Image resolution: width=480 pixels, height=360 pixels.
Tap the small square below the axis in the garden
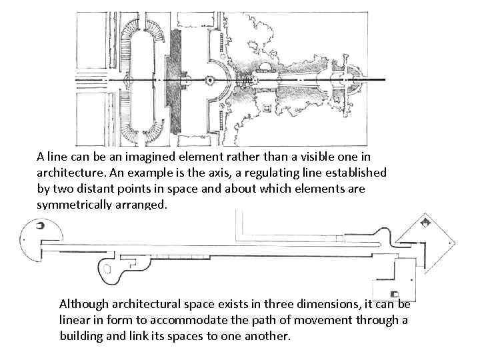tap(267, 107)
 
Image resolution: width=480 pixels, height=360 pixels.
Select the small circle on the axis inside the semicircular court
tap(210, 79)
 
